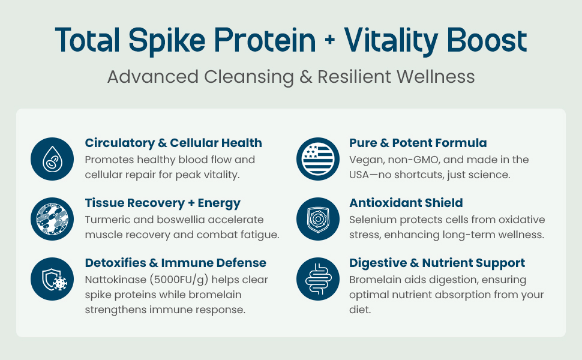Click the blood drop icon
click(52, 159)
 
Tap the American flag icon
click(318, 159)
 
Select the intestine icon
click(318, 279)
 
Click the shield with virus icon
click(52, 279)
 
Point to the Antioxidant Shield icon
click(318, 219)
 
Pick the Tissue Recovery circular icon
click(52, 219)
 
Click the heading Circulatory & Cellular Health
click(173, 143)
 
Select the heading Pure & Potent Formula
click(418, 143)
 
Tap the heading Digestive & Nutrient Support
click(437, 263)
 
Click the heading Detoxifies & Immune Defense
click(176, 263)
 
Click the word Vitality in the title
click(391, 40)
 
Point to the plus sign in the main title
click(329, 40)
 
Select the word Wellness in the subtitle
click(436, 77)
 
